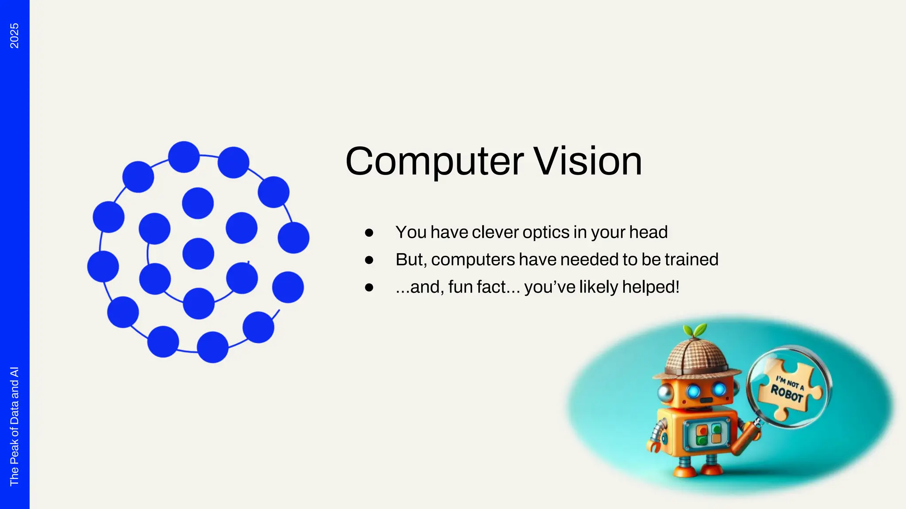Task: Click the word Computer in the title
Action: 434,162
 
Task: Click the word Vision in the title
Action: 588,162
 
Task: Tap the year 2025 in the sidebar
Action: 14,36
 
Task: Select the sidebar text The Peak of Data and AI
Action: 14,426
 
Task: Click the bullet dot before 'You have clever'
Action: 369,233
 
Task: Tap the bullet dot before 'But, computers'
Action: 369,260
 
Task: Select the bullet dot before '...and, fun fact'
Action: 369,288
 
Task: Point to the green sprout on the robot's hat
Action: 695,330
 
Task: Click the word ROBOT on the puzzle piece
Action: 787,393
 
